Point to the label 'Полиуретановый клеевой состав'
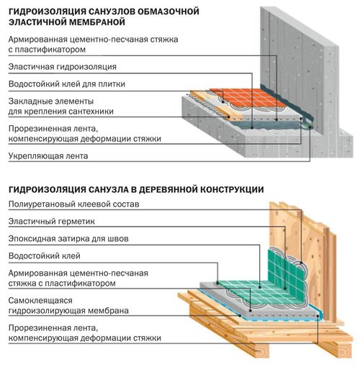click(79, 204)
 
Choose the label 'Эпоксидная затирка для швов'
click(72, 239)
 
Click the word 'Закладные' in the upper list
click(30, 101)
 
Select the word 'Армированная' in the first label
click(40, 38)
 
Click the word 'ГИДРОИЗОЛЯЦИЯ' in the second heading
click(49, 189)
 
